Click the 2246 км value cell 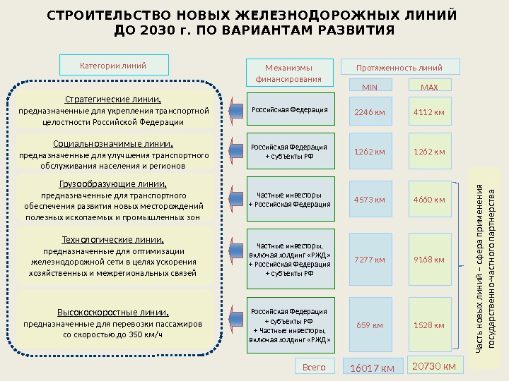click(370, 111)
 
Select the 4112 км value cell click(429, 111)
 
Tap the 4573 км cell click(370, 200)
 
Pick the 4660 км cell click(429, 200)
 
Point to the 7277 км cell click(370, 260)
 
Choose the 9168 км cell click(429, 260)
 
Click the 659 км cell click(370, 325)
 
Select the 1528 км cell click(429, 325)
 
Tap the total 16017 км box click(373, 368)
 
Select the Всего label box click(313, 367)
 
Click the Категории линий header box click(114, 66)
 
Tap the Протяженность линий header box click(400, 68)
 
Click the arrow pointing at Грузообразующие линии click(235, 199)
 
